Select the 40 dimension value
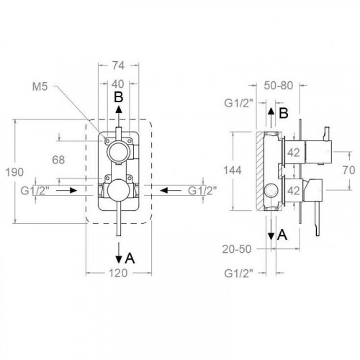pyautogui.click(x=117, y=84)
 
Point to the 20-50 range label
pyautogui.click(x=238, y=249)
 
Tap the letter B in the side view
pyautogui.click(x=284, y=114)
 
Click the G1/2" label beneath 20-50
pyautogui.click(x=239, y=274)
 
